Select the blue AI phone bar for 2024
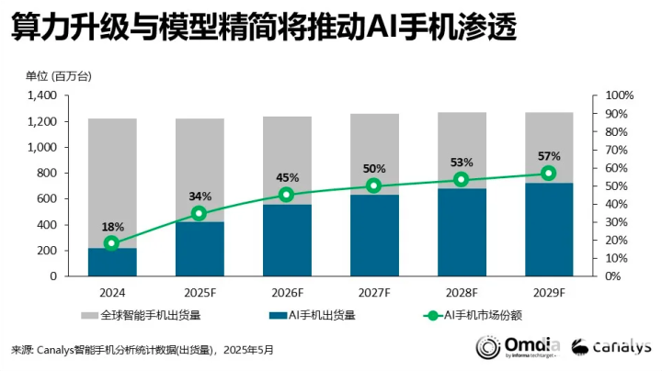[112, 262]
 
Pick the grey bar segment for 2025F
[200, 170]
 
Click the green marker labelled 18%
[112, 243]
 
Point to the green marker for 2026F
[287, 195]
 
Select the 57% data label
[549, 156]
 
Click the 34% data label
[200, 197]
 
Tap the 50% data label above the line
[374, 169]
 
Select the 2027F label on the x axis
[374, 292]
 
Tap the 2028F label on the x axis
[462, 292]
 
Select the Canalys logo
[611, 346]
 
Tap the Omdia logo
[516, 346]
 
